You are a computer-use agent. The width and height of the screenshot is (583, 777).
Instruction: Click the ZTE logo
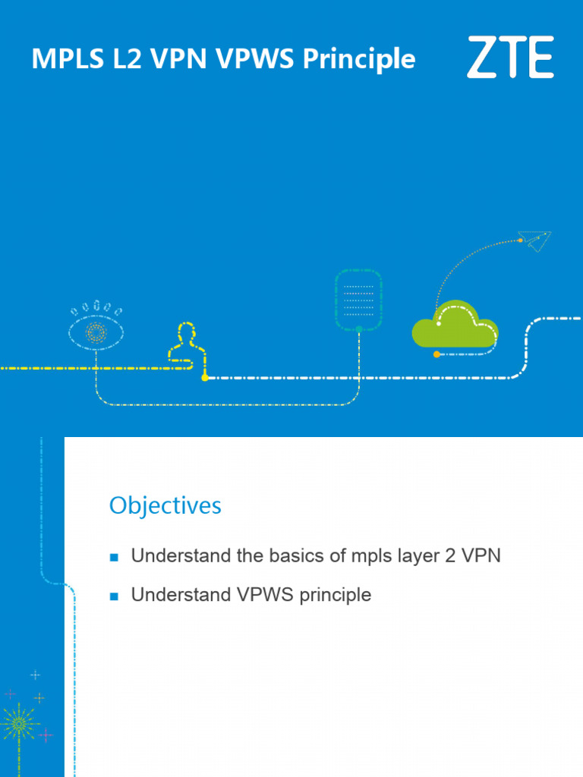[x=509, y=57]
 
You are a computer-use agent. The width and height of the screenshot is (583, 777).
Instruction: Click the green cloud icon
[x=455, y=327]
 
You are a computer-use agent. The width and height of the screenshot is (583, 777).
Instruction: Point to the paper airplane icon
[x=535, y=241]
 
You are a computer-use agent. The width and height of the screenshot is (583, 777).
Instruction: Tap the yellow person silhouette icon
[x=184, y=345]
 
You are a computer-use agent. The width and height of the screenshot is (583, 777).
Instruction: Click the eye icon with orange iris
[x=96, y=332]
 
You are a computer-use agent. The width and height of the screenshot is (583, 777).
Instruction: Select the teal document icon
[x=358, y=300]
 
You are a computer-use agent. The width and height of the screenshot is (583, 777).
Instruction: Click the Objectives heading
[x=165, y=505]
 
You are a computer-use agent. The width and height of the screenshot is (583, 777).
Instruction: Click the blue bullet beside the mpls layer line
[x=115, y=557]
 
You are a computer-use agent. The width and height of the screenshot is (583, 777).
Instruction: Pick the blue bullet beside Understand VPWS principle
[x=115, y=596]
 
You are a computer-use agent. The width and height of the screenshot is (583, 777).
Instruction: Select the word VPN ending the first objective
[x=483, y=555]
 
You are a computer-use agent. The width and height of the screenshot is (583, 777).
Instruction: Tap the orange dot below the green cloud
[x=436, y=354]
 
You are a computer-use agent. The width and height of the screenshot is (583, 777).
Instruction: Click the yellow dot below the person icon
[x=204, y=377]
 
